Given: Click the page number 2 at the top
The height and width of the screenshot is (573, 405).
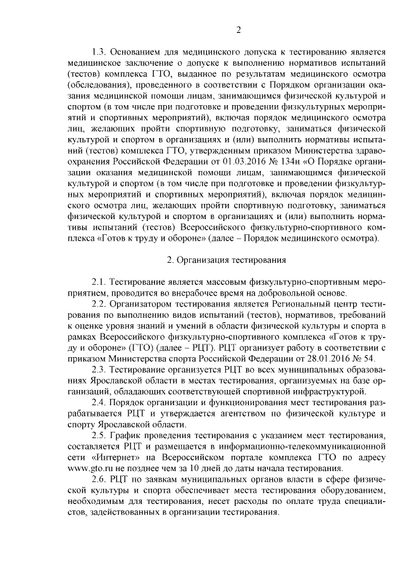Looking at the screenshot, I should pyautogui.click(x=239, y=30).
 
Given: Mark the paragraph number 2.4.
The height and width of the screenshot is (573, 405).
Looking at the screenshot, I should pyautogui.click(x=101, y=401).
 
